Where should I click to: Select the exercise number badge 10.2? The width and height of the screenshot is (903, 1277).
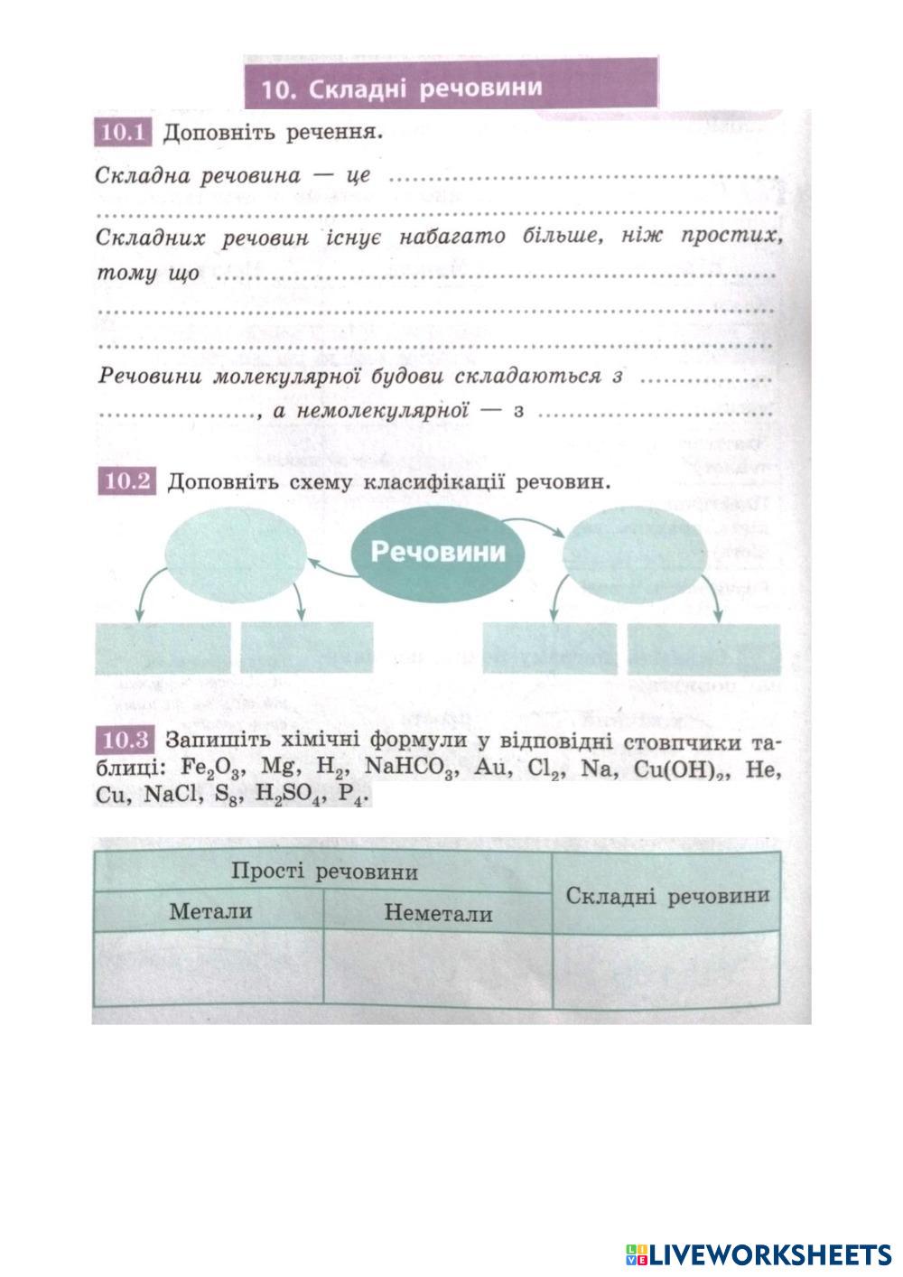pos(126,481)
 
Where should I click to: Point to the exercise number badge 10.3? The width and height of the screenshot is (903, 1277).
pos(125,741)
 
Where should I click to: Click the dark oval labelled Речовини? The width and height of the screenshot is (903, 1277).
pos(439,552)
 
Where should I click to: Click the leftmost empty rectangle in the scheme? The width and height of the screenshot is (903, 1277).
pos(163,648)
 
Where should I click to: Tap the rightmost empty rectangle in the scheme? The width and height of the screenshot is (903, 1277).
pos(703,648)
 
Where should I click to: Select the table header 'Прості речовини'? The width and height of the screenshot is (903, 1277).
pos(324,872)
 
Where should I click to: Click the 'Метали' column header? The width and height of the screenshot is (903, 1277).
pos(210,911)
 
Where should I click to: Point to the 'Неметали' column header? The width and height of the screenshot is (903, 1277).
pos(438,913)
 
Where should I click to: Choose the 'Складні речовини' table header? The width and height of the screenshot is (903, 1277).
pos(667,895)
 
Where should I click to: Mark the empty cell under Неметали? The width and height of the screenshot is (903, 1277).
pos(438,968)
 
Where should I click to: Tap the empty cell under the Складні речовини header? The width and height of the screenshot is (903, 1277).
pos(666,968)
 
